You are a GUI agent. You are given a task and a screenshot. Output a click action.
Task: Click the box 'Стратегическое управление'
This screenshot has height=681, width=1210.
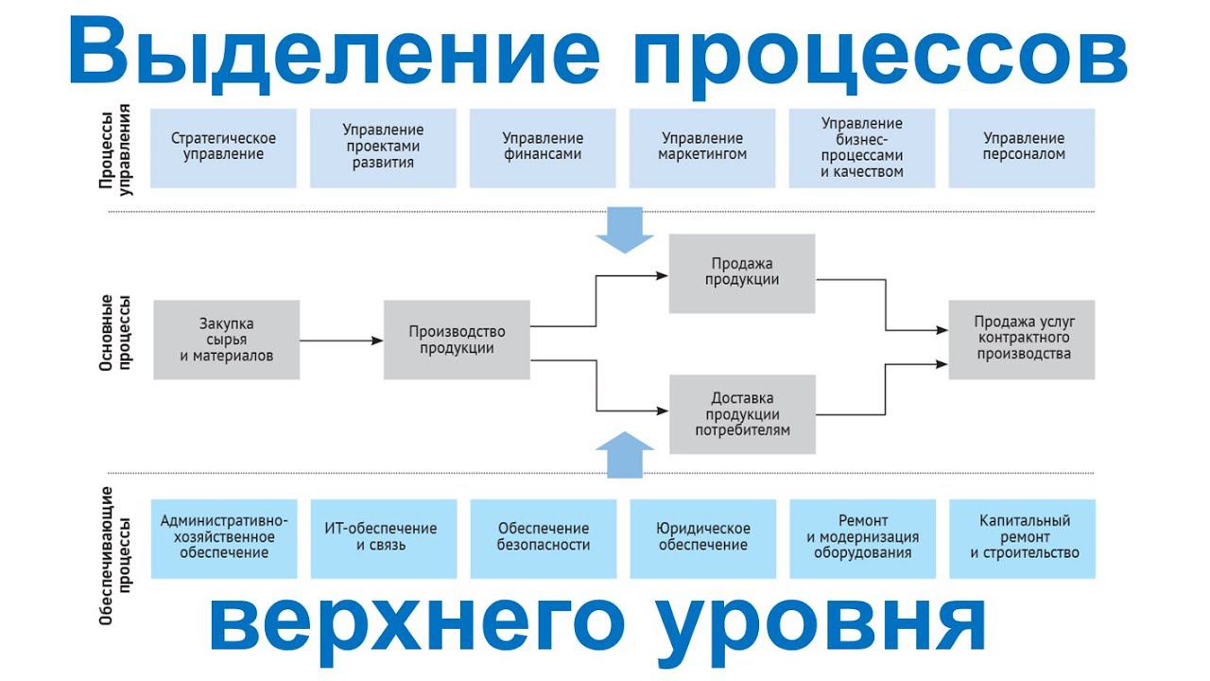point(223,148)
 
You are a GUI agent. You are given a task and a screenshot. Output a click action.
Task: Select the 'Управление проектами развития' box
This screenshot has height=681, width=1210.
point(383,148)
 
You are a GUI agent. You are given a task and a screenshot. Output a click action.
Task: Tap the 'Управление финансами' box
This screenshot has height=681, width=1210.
point(543,148)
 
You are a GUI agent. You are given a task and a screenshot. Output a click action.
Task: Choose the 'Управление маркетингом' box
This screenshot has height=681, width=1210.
point(702,148)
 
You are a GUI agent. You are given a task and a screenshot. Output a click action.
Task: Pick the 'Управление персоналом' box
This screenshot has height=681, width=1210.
point(1023,148)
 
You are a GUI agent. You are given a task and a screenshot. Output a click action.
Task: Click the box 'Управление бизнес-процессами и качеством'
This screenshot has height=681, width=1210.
point(862,148)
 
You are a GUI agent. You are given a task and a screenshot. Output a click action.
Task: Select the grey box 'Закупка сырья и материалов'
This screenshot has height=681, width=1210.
point(227,340)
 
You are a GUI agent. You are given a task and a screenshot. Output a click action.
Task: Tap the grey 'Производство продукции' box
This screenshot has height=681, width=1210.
point(457,340)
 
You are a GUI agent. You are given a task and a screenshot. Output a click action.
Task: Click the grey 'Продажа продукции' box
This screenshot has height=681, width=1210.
point(742,273)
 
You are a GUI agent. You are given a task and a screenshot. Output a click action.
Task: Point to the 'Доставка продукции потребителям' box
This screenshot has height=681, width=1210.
point(742,414)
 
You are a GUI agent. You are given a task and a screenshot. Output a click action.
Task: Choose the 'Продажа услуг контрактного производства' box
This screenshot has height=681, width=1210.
point(1022,340)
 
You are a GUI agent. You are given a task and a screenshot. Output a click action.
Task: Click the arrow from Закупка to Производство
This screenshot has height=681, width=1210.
point(341,340)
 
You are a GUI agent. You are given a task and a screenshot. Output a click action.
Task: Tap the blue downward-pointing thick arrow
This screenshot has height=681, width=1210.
point(625,231)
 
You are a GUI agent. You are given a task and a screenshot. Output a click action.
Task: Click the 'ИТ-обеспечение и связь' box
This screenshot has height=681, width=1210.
point(383,537)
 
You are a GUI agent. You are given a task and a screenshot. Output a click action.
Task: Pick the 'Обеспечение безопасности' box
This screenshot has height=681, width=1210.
point(543,537)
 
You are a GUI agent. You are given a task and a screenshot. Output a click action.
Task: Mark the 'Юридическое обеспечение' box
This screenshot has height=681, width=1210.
point(702,537)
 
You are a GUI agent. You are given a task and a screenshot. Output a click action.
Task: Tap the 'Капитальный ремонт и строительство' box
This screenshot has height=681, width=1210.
point(1023,537)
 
